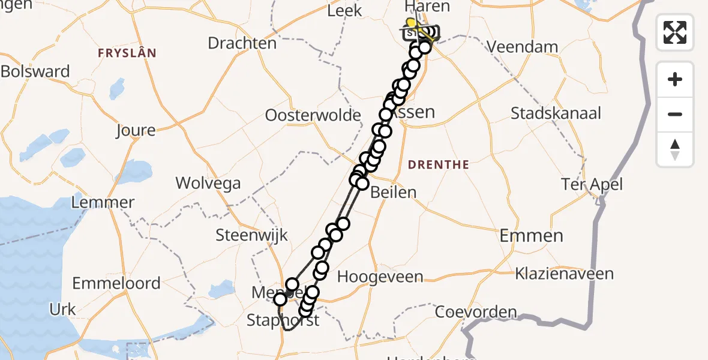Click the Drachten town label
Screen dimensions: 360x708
pos(242,43)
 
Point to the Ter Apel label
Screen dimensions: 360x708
pos(592,184)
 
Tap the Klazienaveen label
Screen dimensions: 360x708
pos(564,274)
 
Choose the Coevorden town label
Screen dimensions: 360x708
pos(476,312)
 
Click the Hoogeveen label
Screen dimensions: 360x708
pos(380,277)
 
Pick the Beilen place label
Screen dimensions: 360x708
pos(393,192)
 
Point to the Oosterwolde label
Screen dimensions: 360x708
pos(313,115)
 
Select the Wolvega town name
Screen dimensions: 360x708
pos(208,183)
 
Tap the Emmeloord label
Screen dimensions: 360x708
pos(116,283)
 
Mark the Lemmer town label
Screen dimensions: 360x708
pos(103,202)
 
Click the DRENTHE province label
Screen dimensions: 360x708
pos(438,164)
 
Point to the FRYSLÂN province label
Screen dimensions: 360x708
pos(127,53)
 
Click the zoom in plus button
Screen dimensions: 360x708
pos(675,79)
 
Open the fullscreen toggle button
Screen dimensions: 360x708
pos(675,32)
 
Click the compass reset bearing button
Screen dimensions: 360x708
pos(675,149)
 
